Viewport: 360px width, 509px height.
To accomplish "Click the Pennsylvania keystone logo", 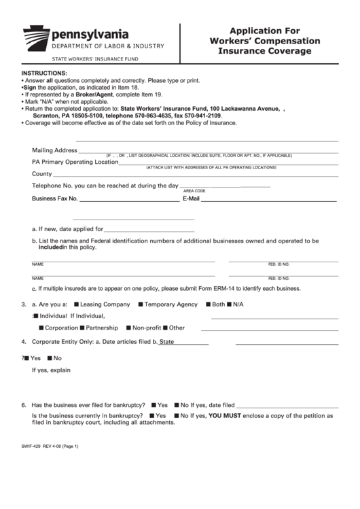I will pyautogui.click(x=36, y=36).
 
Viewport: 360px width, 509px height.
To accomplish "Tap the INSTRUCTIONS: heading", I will pyautogui.click(x=44, y=73).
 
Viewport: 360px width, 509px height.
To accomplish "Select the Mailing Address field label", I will pyautogui.click(x=54, y=150).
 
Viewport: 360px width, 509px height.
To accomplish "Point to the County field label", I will pyautogui.click(x=42, y=174).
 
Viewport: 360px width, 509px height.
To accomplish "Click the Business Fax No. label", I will pyautogui.click(x=55, y=199).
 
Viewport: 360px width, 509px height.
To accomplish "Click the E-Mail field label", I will pyautogui.click(x=190, y=199).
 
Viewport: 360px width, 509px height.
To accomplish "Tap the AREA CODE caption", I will pyautogui.click(x=194, y=191).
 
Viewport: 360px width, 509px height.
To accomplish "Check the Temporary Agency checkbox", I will pyautogui.click(x=140, y=304).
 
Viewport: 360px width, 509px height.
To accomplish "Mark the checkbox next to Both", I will pyautogui.click(x=207, y=304).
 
